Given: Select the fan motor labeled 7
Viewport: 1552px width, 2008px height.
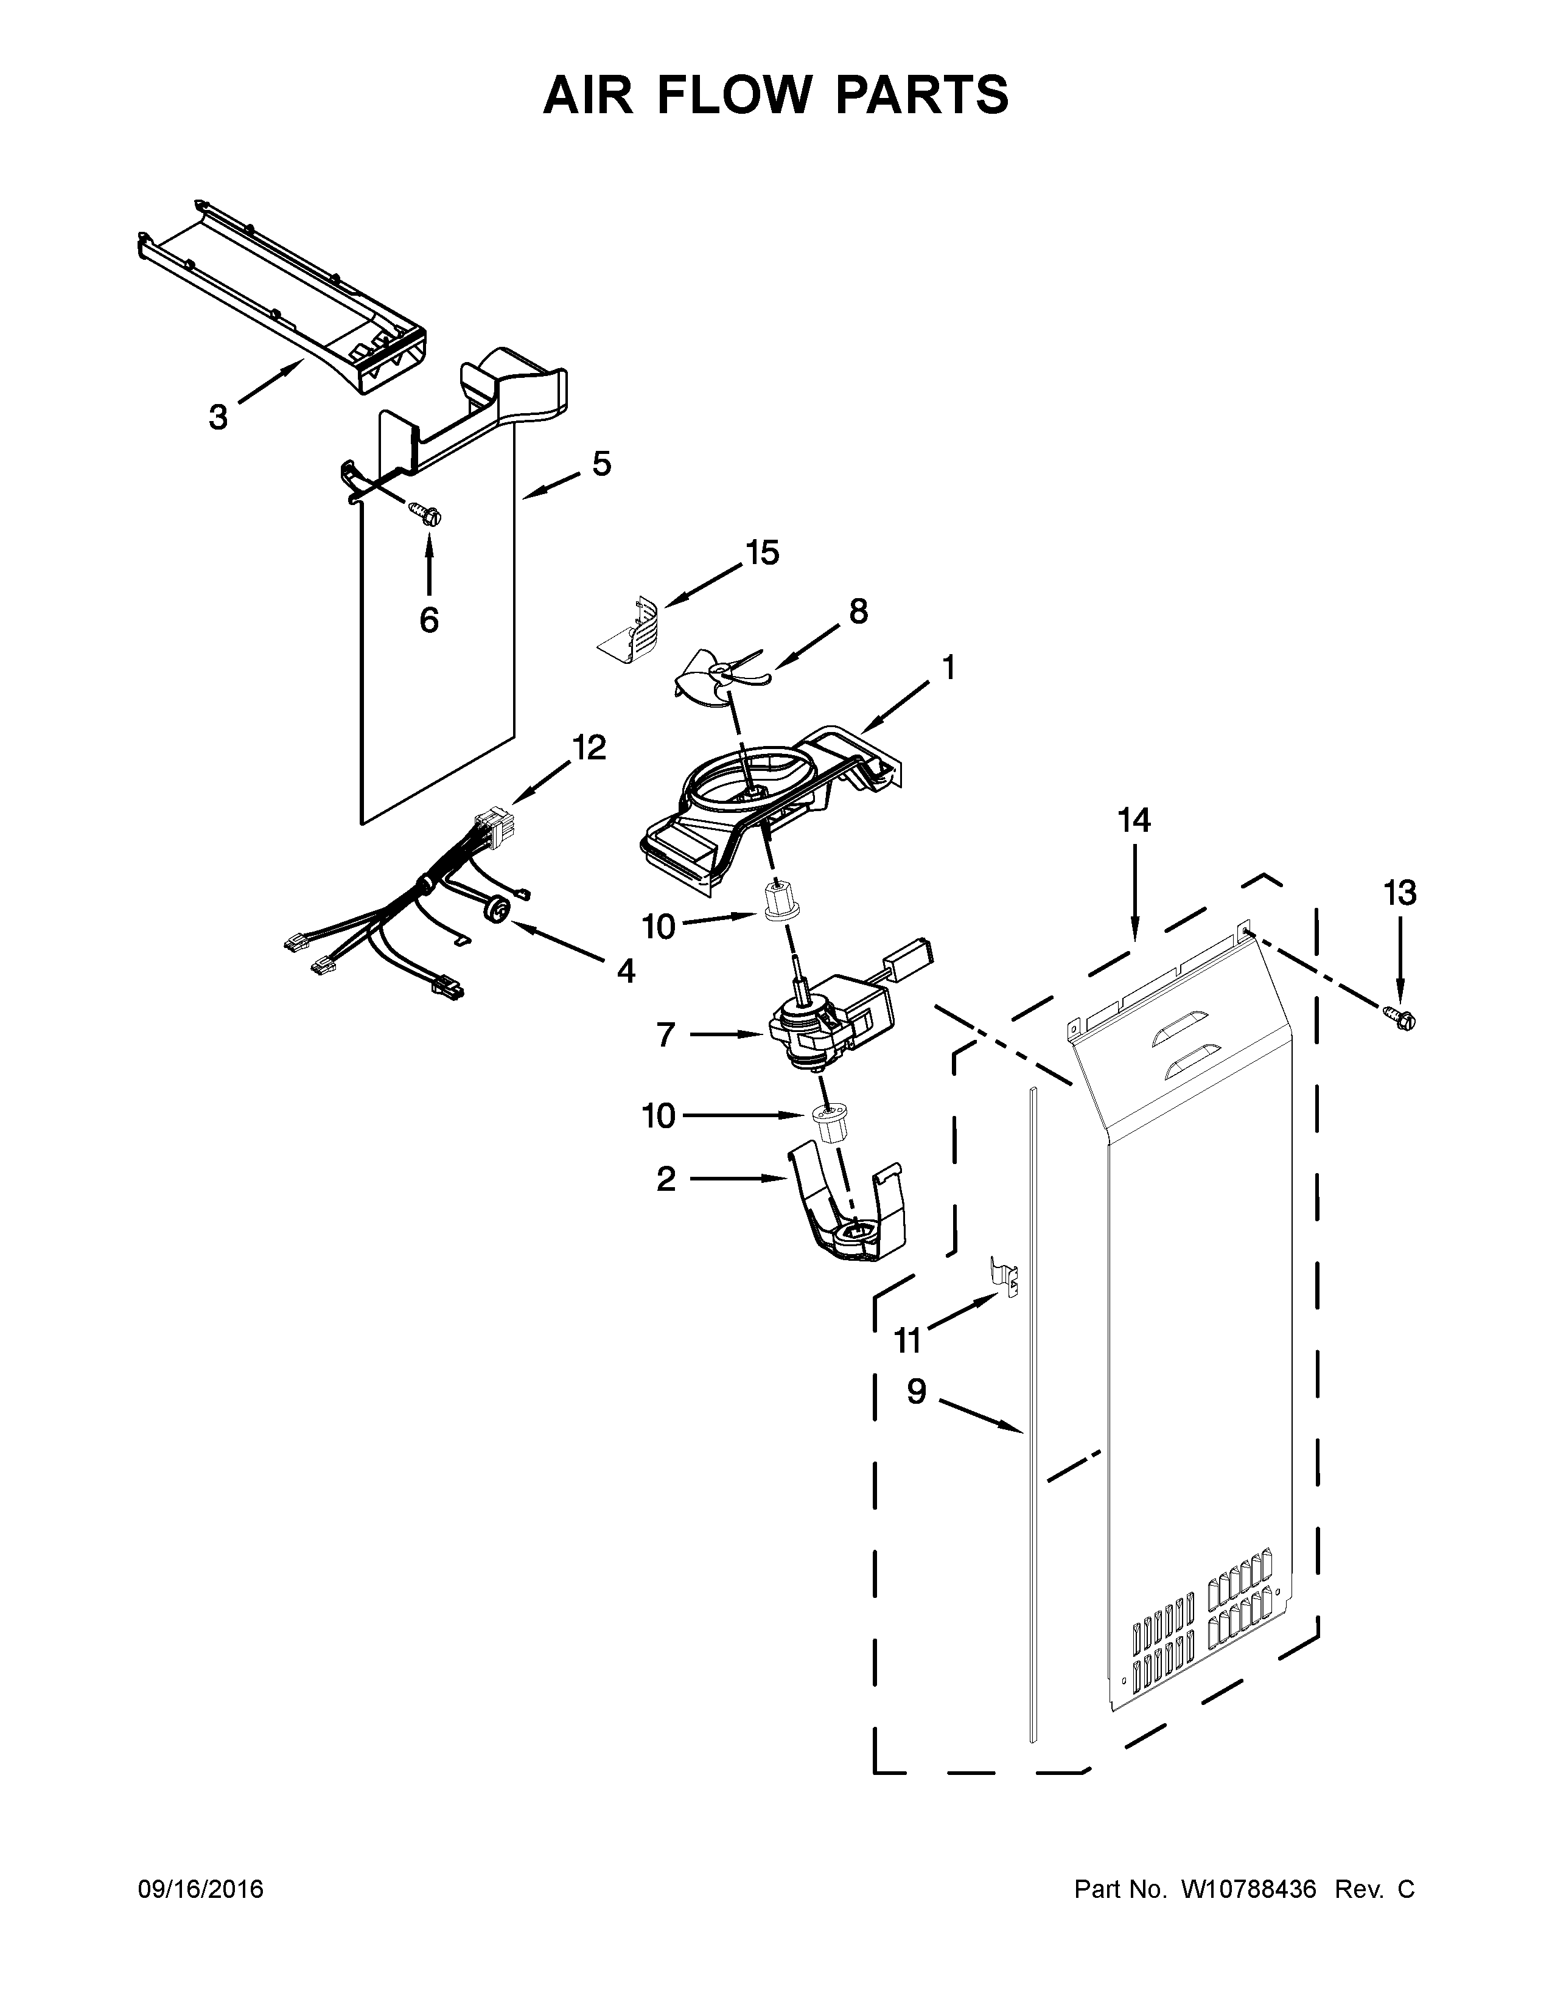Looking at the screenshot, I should [x=818, y=1030].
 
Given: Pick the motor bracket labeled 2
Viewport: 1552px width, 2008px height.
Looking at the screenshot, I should [x=850, y=1211].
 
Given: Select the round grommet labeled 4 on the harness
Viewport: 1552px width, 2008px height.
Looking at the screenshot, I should [x=497, y=909].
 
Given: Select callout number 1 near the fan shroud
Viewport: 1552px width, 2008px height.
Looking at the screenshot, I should [x=948, y=668].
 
